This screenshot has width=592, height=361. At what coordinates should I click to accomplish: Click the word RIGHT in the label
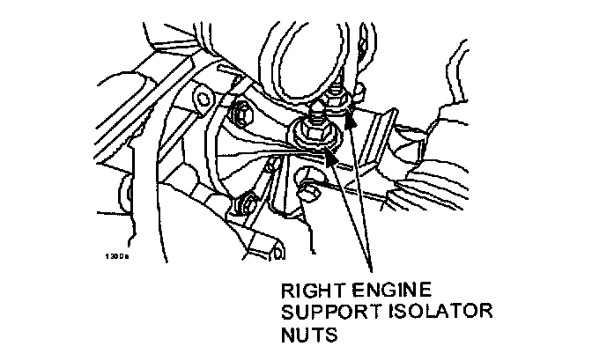(307, 290)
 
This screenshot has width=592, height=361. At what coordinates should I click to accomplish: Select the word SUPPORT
(322, 313)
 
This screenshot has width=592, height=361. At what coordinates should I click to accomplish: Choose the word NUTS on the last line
(302, 335)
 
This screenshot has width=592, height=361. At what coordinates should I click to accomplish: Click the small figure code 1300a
(116, 257)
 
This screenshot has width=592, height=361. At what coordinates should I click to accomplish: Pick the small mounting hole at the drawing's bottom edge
(277, 255)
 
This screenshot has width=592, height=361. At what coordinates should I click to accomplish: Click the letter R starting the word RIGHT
(286, 290)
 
